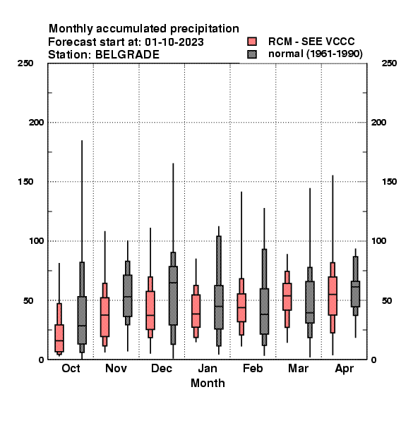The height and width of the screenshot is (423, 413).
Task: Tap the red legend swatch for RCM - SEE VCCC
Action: click(x=252, y=42)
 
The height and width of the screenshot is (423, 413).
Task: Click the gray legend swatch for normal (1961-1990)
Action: click(x=252, y=54)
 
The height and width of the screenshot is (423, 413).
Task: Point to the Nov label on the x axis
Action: click(x=116, y=368)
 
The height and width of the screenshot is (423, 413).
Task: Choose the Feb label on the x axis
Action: click(x=253, y=368)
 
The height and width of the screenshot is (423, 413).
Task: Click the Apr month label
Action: click(x=344, y=369)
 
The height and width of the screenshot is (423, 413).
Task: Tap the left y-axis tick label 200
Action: click(x=36, y=122)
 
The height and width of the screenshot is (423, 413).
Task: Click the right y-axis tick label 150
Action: click(x=389, y=182)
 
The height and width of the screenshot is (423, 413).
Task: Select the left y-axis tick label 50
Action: click(x=28, y=300)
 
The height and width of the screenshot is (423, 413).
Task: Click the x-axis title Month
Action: click(x=208, y=383)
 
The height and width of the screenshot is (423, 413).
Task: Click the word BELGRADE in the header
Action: click(x=127, y=55)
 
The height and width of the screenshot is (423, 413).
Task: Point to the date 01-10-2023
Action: click(x=174, y=42)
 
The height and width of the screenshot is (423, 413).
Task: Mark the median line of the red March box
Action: click(x=287, y=295)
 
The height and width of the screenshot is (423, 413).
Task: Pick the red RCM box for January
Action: click(x=196, y=311)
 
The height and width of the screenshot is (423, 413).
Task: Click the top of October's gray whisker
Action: click(x=82, y=140)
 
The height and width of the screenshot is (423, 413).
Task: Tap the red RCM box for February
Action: click(x=241, y=307)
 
